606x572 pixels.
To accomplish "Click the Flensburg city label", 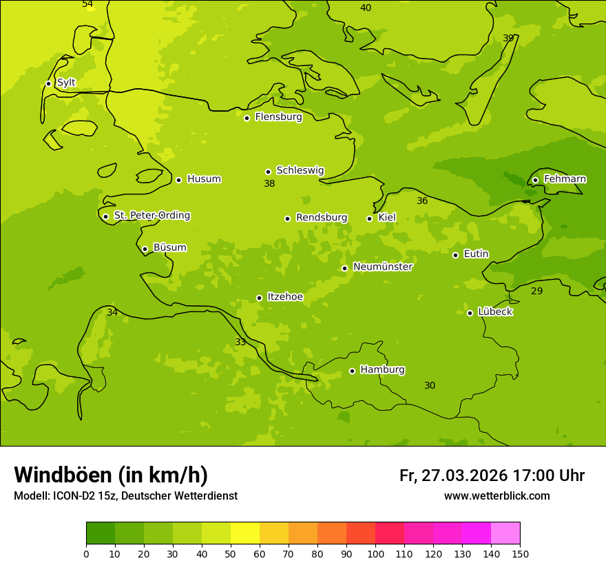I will pos(278,117).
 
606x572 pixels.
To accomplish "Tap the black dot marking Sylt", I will pos(48,83).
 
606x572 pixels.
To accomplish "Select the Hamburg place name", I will pos(382,370).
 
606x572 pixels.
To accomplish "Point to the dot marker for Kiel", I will pos(369,218).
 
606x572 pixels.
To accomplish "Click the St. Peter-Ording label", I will pos(151,216).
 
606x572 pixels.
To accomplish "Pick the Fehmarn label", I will pos(565,179).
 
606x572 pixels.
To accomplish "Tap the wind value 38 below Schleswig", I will pos(269,184).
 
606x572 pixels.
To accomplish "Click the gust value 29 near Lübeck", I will pos(536,292).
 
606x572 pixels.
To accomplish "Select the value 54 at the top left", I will pos(87,4).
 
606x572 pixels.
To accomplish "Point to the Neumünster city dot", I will pos(344,268).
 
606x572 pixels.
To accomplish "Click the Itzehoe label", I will pos(285,297).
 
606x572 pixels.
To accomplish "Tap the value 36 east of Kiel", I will pos(422,201).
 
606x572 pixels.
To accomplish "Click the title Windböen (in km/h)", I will pos(111,475).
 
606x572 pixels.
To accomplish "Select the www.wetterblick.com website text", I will pos(497,496).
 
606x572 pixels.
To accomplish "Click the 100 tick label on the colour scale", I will pos(375,553).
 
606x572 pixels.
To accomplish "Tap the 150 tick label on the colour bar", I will pos(520,553).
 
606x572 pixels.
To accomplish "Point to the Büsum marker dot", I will pos(145,249).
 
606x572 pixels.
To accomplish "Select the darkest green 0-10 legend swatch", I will pos(101,533).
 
